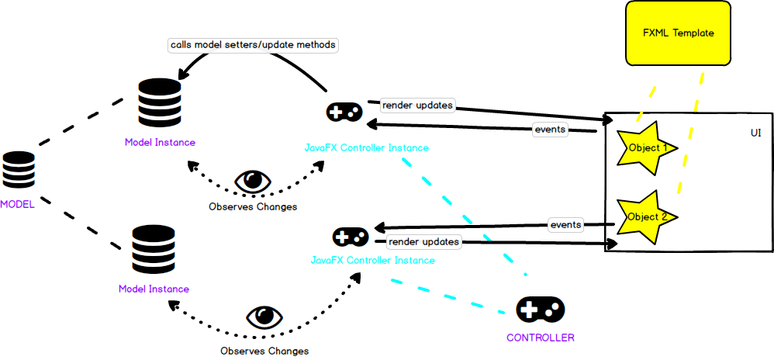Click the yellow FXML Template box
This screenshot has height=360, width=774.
click(678, 33)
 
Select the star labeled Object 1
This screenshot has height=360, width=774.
click(646, 146)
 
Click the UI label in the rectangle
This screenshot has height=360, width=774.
click(755, 133)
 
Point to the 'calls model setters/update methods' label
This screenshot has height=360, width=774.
click(254, 45)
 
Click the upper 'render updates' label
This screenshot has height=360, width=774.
click(417, 105)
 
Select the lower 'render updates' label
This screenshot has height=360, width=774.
click(424, 242)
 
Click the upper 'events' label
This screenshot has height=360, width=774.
click(550, 130)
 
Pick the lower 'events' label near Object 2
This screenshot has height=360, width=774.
click(565, 225)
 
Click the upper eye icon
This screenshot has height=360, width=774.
click(253, 182)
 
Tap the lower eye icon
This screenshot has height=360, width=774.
click(264, 317)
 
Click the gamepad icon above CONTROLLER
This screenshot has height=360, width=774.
click(540, 310)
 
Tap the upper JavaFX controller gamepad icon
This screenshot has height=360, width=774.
click(344, 113)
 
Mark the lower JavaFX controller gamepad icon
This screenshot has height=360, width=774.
click(351, 237)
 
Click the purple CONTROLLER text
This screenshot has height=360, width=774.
click(540, 337)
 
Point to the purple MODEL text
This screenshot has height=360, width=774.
click(17, 203)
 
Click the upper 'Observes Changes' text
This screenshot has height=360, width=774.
click(253, 207)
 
